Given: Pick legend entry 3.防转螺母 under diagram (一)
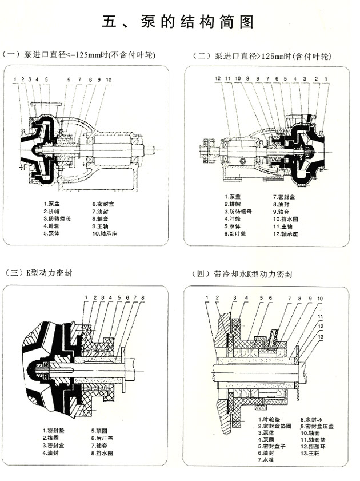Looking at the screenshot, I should pos(59,218).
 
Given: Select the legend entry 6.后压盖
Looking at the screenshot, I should pos(103,438).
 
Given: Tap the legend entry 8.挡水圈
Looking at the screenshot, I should pos(103,452).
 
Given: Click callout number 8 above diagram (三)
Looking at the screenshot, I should pos(142,297).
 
